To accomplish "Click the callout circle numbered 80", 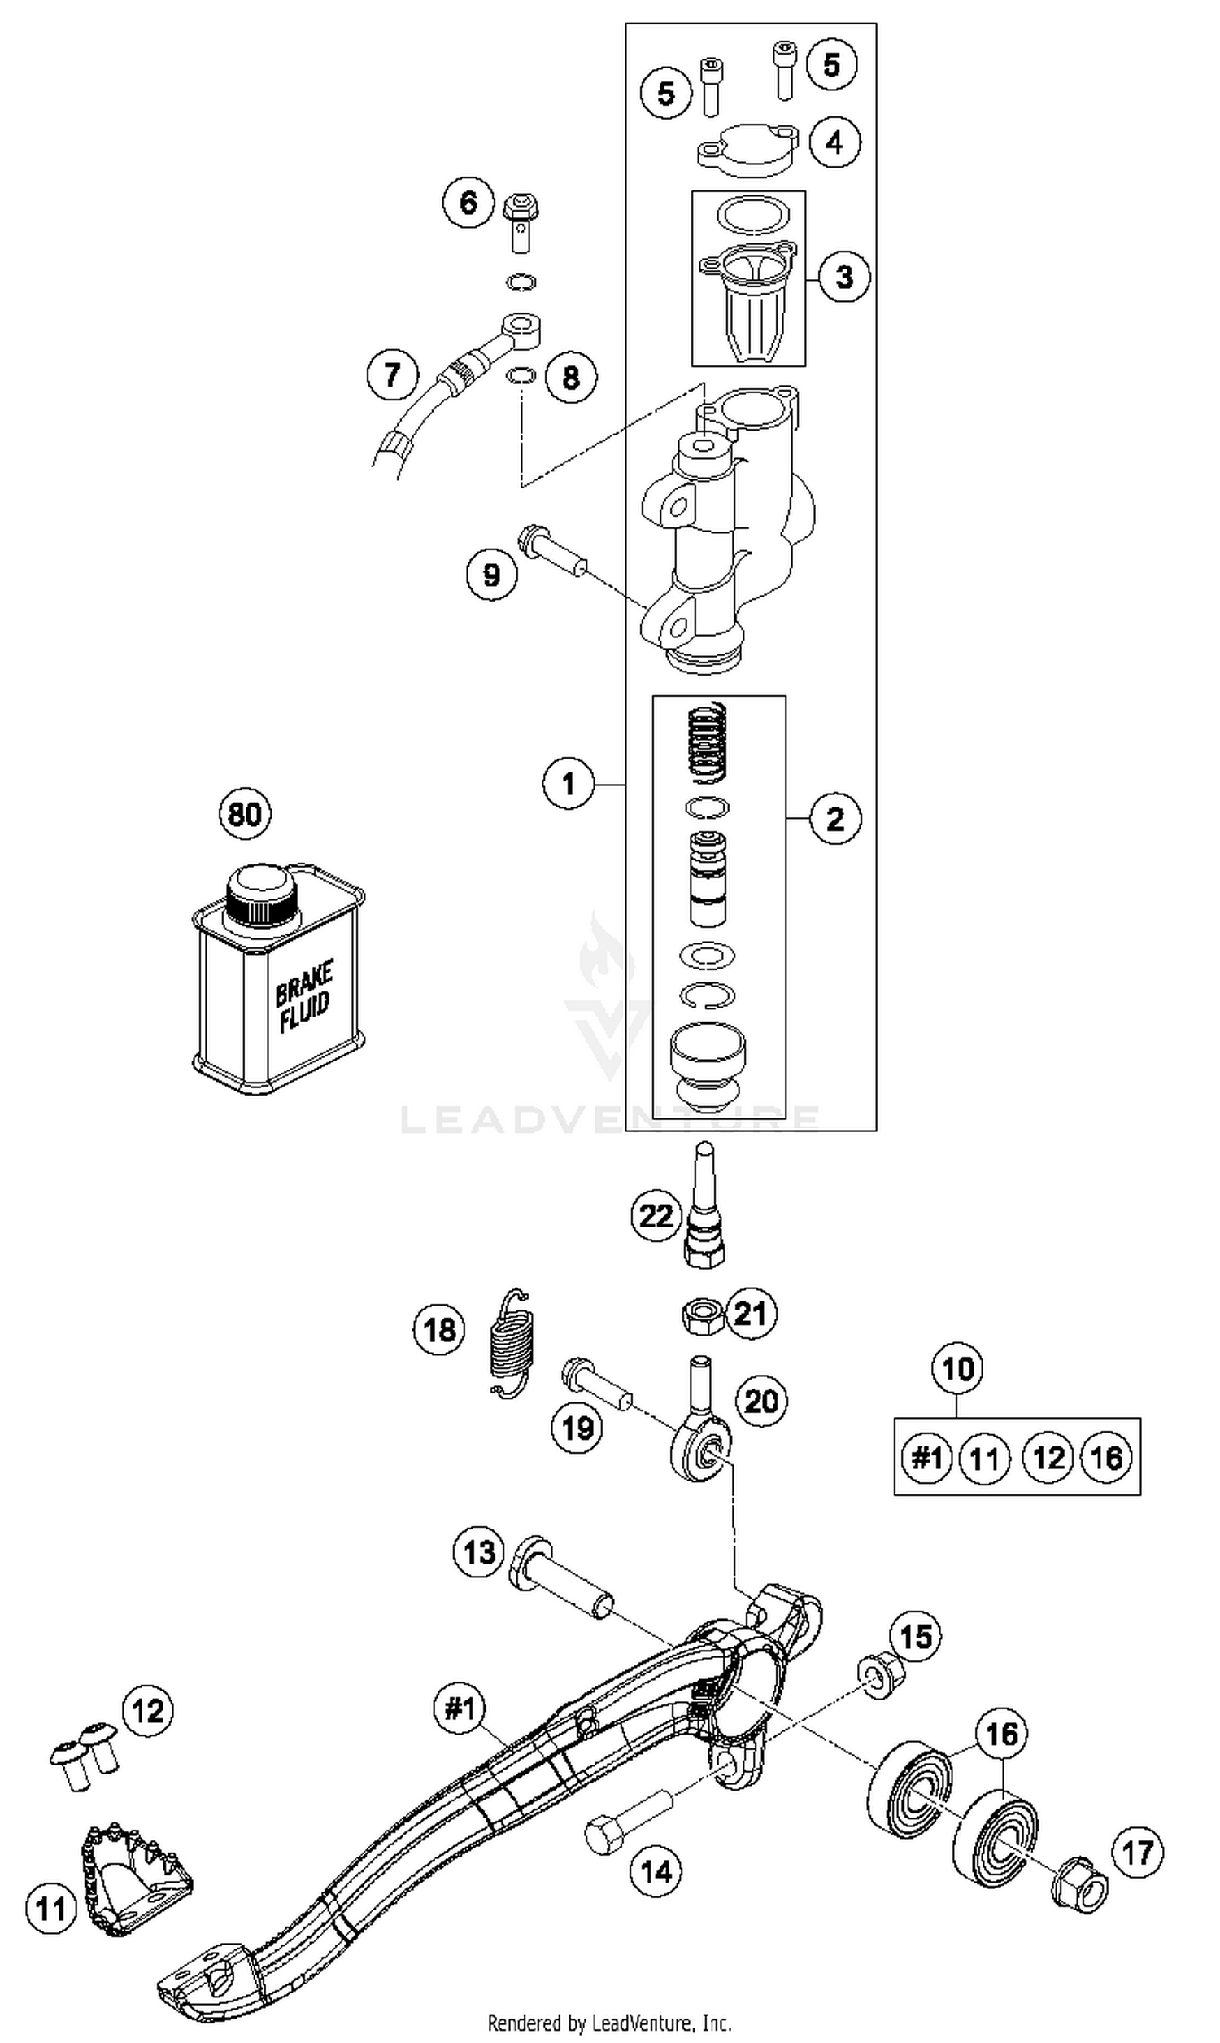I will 245,814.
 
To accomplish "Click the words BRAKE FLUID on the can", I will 303,997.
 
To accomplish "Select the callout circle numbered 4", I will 834,142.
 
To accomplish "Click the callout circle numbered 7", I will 392,375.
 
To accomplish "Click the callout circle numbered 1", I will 568,783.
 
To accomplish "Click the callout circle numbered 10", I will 958,1369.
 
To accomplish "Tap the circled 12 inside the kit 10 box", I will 1048,1459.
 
